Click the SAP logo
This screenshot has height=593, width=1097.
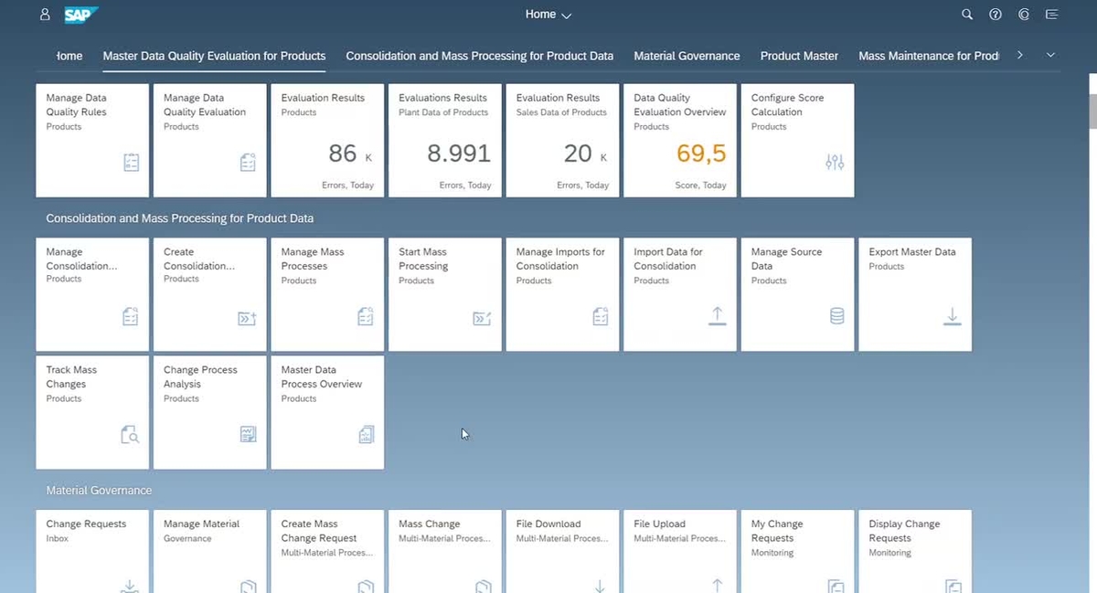[x=81, y=15]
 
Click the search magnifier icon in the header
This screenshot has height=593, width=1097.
[x=967, y=15]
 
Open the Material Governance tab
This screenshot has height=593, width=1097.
[x=687, y=56]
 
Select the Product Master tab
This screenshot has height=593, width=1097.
[x=799, y=56]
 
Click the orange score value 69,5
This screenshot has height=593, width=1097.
[x=701, y=154]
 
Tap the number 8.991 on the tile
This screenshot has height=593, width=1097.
[x=459, y=154]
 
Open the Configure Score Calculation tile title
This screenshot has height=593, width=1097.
[x=786, y=105]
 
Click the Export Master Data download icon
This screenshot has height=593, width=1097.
[x=953, y=316]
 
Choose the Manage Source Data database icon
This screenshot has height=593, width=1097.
[x=836, y=316]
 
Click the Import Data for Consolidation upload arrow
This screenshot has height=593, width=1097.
[x=718, y=315]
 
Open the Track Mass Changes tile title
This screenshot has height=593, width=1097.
[x=71, y=376]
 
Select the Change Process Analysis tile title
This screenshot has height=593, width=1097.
[x=200, y=376]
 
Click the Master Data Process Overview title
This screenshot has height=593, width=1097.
[x=321, y=376]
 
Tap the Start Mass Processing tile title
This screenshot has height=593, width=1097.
[x=423, y=259]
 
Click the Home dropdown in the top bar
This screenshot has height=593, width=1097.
[x=548, y=15]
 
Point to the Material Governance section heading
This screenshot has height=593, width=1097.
[x=99, y=491]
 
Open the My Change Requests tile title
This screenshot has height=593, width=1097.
[x=776, y=531]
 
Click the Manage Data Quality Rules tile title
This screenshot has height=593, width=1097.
[x=77, y=105]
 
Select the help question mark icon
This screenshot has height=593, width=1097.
[x=996, y=15]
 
